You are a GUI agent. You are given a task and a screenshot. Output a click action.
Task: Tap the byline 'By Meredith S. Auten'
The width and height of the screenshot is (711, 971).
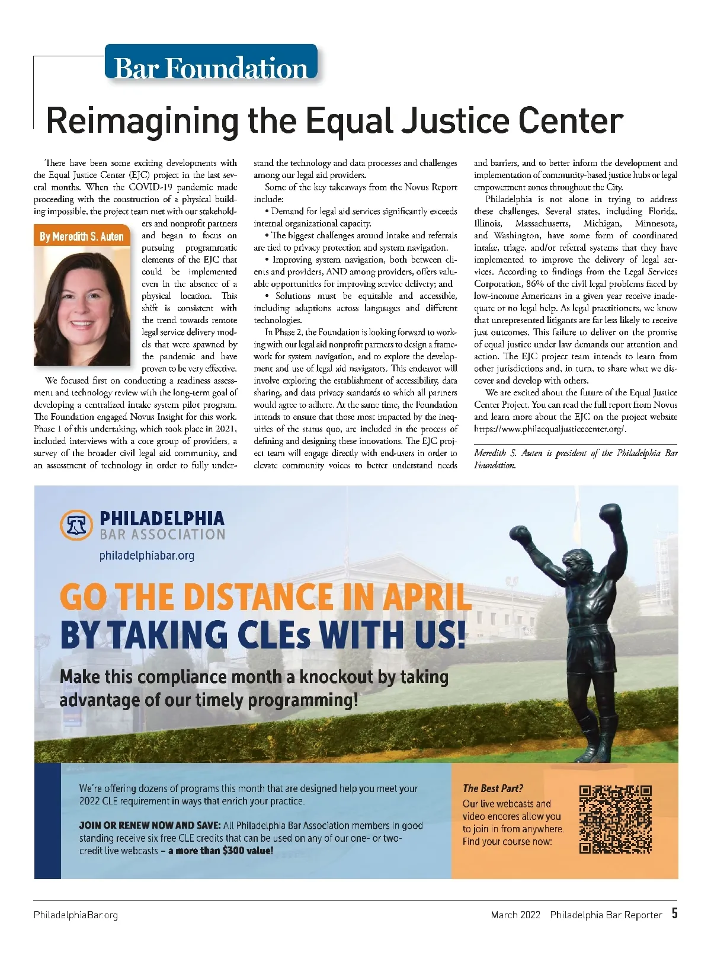click(82, 237)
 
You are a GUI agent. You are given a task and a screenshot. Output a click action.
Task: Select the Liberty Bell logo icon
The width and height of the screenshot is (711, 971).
click(76, 525)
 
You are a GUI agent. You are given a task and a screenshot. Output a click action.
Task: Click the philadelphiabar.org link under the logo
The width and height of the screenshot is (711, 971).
click(147, 555)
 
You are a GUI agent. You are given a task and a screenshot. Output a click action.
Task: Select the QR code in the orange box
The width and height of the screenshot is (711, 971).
click(615, 820)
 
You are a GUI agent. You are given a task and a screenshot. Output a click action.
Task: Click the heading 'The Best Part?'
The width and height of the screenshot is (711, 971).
click(493, 788)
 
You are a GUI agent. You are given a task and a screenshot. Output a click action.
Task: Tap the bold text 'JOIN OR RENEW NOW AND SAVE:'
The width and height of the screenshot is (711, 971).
click(150, 825)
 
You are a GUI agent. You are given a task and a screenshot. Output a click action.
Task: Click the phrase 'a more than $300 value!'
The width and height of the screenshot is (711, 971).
click(220, 851)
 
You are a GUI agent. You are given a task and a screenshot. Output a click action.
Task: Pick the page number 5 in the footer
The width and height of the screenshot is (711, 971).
click(674, 913)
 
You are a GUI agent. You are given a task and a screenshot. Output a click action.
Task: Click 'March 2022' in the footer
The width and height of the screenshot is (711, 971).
click(515, 915)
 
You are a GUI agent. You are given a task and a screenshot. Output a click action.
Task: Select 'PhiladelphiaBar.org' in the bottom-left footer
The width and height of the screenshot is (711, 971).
click(76, 915)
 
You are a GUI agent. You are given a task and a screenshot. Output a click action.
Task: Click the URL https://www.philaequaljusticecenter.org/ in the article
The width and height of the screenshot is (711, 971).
click(550, 429)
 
